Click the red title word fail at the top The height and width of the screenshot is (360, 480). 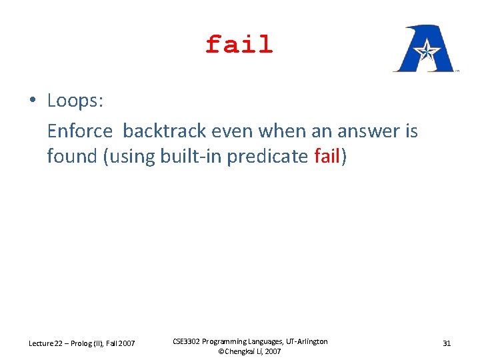[x=239, y=45]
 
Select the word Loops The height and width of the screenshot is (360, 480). [x=73, y=101]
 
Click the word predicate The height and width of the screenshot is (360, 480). [x=269, y=157]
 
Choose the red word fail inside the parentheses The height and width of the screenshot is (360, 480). [x=327, y=157]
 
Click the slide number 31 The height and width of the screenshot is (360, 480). [x=447, y=343]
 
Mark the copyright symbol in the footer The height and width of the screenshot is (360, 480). [x=222, y=351]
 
